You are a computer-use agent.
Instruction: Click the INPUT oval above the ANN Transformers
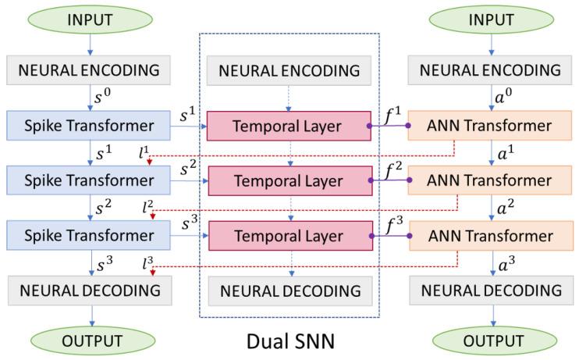click(x=491, y=19)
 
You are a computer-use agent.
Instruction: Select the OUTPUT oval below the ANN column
click(x=491, y=340)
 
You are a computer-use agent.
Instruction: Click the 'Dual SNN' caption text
click(x=289, y=341)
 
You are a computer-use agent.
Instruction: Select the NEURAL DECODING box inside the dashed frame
click(x=289, y=291)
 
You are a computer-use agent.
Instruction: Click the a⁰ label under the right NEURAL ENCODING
click(x=508, y=98)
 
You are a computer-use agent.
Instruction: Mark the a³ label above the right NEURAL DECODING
click(x=508, y=262)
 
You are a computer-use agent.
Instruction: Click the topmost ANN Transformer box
click(x=491, y=126)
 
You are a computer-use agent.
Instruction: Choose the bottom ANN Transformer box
click(x=491, y=235)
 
